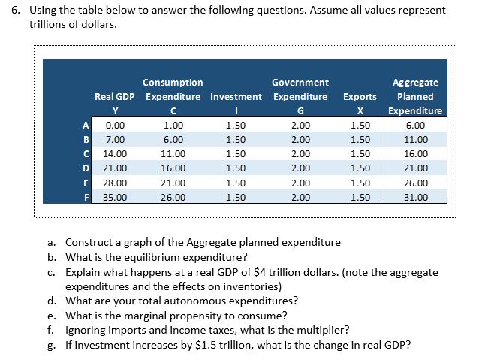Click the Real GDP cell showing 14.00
pyautogui.click(x=115, y=153)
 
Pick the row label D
pyautogui.click(x=86, y=168)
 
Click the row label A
pyautogui.click(x=86, y=125)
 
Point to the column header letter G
pyautogui.click(x=300, y=111)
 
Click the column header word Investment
pyautogui.click(x=236, y=96)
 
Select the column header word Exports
pyautogui.click(x=360, y=96)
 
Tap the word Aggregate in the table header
pyautogui.click(x=415, y=82)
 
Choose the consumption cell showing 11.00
pyautogui.click(x=173, y=153)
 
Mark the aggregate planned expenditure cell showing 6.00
pyautogui.click(x=415, y=125)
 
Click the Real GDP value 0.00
pyautogui.click(x=115, y=125)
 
